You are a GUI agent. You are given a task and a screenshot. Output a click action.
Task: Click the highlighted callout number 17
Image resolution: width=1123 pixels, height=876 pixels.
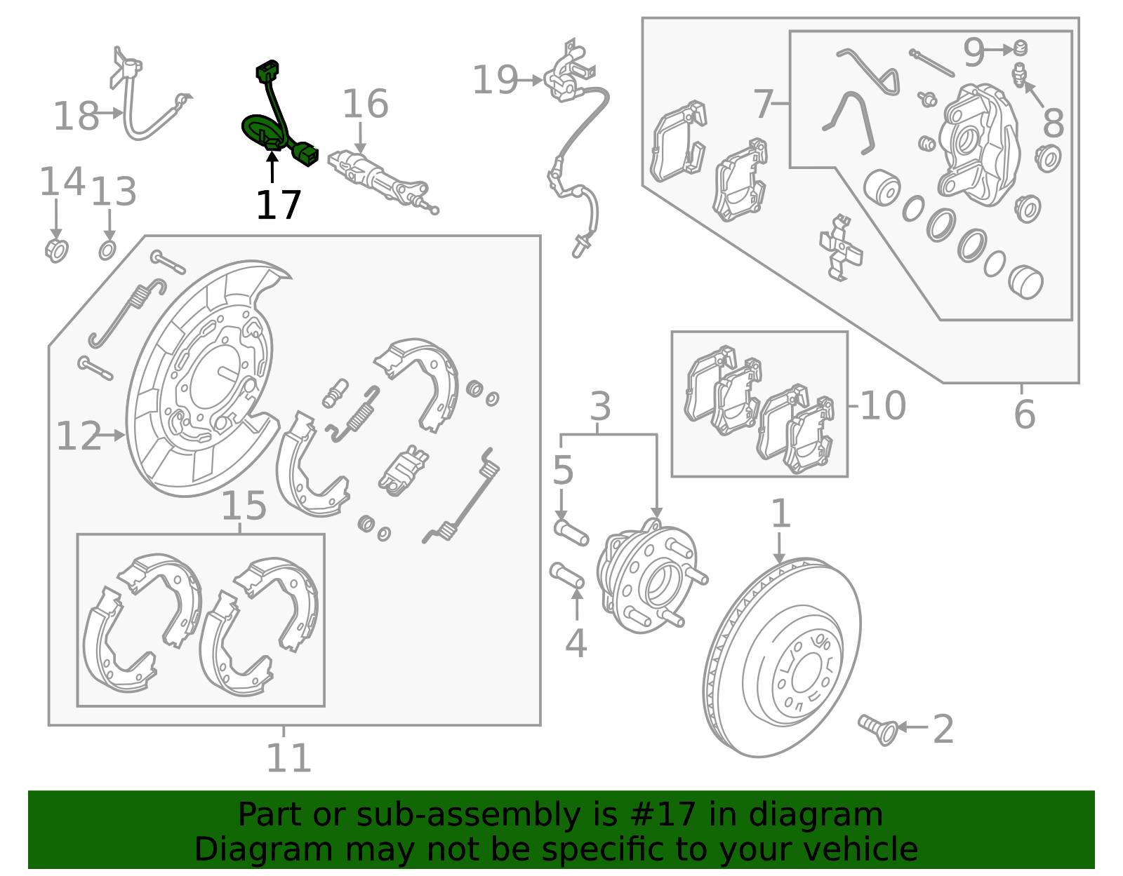tap(279, 205)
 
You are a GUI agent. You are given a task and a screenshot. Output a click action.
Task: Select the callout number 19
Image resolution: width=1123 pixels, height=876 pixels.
tap(495, 80)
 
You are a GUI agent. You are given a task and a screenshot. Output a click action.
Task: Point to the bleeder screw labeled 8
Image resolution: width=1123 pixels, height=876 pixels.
tap(1019, 74)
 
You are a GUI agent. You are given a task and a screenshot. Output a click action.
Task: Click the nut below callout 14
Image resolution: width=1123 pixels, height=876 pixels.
tap(56, 250)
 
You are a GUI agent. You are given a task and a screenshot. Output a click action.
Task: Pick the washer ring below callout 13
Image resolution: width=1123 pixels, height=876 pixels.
tap(107, 250)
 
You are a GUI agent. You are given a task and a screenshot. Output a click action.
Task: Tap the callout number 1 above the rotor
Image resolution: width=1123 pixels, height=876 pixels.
tap(780, 514)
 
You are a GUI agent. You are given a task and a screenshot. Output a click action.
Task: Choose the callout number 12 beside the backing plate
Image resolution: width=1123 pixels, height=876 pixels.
tap(79, 436)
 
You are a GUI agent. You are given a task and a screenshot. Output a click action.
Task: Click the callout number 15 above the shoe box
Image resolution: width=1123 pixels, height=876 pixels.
tap(244, 506)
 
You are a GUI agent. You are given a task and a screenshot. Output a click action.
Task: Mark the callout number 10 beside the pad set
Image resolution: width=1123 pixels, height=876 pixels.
tap(883, 405)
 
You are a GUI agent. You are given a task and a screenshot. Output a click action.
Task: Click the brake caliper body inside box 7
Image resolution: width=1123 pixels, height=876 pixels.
tap(979, 144)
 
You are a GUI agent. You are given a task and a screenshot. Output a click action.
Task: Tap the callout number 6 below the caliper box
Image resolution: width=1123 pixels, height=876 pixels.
tap(1024, 414)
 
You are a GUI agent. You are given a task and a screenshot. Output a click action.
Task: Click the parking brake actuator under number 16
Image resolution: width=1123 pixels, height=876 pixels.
tap(379, 178)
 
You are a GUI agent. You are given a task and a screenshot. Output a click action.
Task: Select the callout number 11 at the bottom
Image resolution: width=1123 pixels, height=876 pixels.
tap(288, 758)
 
